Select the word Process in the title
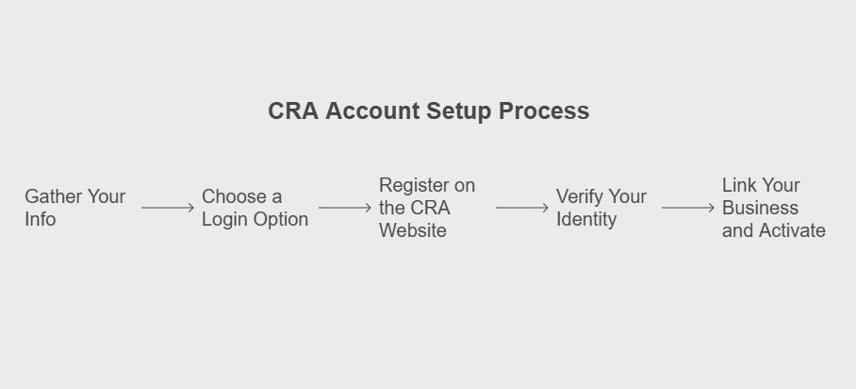coord(544,111)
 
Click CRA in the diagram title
coord(293,111)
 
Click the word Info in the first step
coord(41,219)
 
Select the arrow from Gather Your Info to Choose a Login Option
coord(168,208)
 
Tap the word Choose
coord(235,196)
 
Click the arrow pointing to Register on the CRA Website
coord(345,208)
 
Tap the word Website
coord(413,230)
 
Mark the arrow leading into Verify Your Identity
coord(522,208)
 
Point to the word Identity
coord(586,220)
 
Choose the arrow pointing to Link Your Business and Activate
coord(688,208)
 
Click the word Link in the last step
coord(738,185)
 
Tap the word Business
coord(761,208)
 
